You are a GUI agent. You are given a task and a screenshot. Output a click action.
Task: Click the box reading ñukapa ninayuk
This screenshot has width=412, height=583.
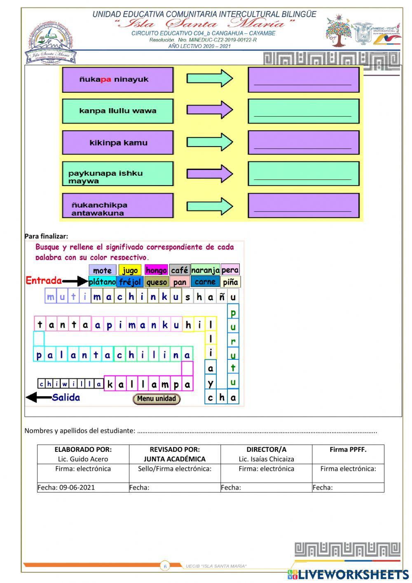[117, 80]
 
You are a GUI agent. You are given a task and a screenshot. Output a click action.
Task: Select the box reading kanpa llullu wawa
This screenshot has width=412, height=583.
[117, 111]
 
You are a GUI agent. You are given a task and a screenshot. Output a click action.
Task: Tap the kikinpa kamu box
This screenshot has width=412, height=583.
[117, 143]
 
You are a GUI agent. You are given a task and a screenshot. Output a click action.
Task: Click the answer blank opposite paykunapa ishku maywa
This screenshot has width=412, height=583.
[303, 174]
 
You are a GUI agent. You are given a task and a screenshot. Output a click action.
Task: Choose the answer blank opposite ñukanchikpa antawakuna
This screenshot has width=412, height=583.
[303, 205]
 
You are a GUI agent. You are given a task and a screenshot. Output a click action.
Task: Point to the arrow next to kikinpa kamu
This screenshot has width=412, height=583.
[210, 142]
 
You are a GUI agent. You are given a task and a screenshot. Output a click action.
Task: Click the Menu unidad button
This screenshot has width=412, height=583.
[156, 399]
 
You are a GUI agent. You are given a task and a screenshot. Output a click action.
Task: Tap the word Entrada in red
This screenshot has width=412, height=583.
[44, 281]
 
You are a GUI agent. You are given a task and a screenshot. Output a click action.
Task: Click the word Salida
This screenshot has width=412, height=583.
[66, 398]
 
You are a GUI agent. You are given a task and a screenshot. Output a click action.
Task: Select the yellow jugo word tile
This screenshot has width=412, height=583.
[130, 270]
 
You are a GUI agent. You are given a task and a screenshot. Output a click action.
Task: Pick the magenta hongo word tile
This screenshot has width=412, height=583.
[156, 270]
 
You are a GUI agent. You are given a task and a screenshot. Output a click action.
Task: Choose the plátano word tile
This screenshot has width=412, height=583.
[102, 282]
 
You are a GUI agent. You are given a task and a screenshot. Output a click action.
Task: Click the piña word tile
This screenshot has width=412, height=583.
[230, 282]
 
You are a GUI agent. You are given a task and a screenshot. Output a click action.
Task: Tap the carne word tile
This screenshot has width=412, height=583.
[205, 282]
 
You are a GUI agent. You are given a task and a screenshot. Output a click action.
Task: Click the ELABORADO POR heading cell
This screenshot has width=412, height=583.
[83, 450]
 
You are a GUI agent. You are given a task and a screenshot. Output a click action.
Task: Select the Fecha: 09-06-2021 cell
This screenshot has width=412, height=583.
[66, 487]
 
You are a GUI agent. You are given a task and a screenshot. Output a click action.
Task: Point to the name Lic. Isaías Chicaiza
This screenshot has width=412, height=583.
[266, 459]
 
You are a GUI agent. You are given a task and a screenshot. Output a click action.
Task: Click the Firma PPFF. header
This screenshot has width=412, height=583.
[348, 450]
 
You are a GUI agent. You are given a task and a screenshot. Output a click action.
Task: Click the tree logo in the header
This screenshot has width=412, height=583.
[338, 31]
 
